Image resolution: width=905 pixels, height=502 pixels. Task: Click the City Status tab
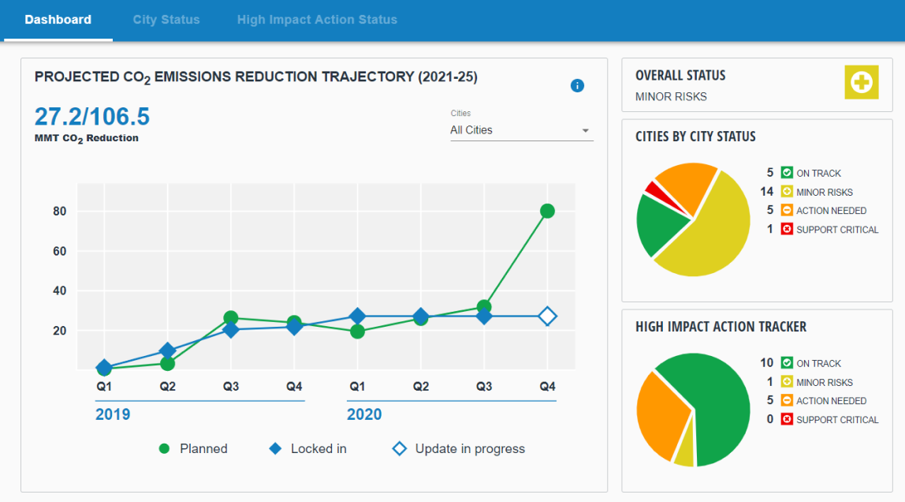166,20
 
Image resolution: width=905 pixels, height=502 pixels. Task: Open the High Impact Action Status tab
317,20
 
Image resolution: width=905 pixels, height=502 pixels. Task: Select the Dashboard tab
58,20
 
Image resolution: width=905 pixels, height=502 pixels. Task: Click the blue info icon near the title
577,85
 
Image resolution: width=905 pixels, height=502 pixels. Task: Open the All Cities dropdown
521,130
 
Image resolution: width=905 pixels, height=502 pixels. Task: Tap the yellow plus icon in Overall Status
862,83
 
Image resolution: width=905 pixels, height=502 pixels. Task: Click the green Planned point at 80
547,211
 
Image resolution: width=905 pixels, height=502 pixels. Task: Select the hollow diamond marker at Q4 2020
547,317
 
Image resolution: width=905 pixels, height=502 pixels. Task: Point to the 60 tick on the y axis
60,251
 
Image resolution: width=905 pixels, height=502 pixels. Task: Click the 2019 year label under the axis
113,414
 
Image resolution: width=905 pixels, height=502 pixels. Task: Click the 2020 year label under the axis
364,414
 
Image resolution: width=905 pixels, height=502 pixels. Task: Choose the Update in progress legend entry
459,448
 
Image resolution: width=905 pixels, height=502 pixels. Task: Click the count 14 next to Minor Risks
766,192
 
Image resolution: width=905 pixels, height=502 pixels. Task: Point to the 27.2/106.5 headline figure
92,117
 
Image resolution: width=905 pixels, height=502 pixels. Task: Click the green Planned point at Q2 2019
167,363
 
